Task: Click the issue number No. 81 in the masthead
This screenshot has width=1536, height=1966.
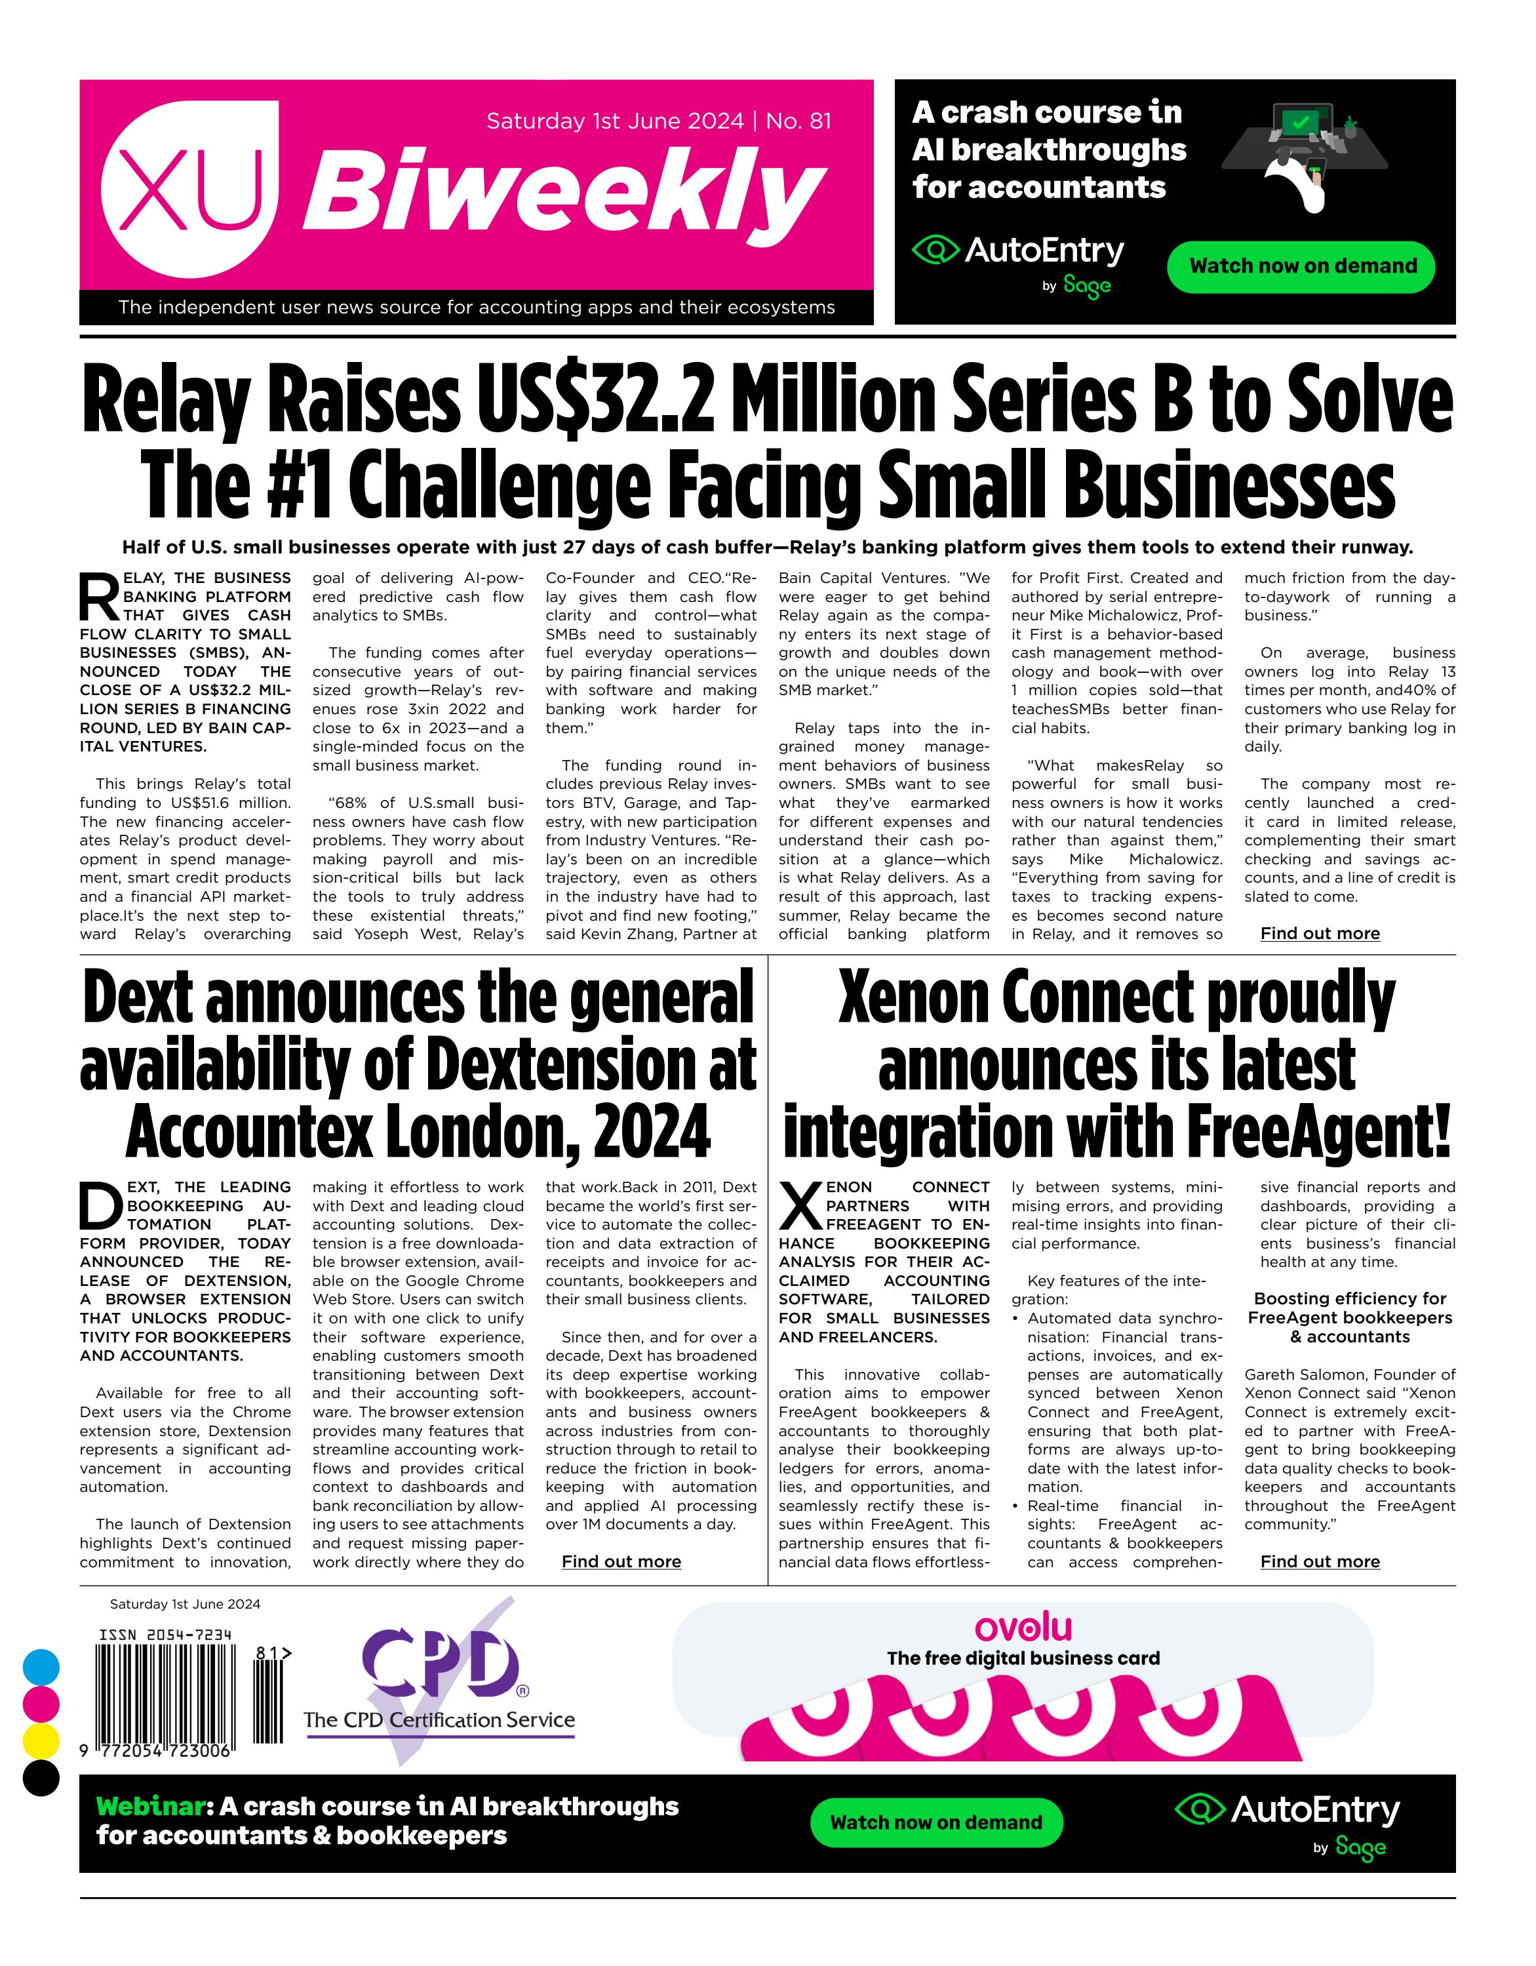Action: coord(798,121)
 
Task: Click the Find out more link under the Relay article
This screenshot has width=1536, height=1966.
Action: coord(1319,934)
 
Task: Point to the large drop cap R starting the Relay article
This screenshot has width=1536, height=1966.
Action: coord(99,596)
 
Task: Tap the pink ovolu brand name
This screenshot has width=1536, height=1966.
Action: coord(1023,1628)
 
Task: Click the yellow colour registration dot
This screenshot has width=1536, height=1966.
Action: coord(41,1741)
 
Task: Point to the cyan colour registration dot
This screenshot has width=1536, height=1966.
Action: coord(41,1667)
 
